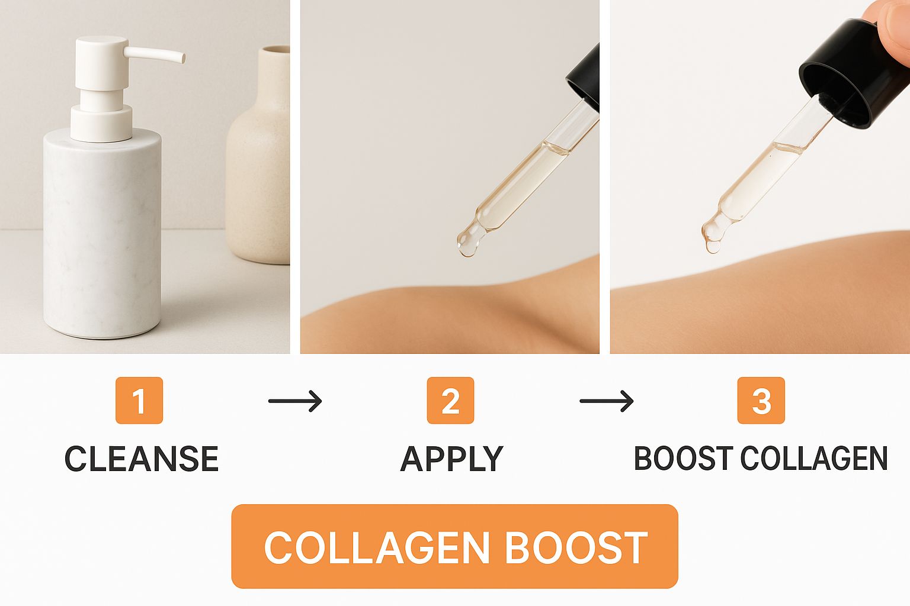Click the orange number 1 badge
(x=139, y=400)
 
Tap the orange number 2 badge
(x=450, y=400)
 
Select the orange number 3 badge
(x=761, y=400)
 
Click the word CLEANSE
(x=142, y=459)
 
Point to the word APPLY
(x=452, y=459)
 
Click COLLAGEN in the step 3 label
(x=814, y=459)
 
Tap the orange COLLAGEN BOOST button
(x=454, y=546)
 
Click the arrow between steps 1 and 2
(x=296, y=401)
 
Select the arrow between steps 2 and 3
(x=607, y=401)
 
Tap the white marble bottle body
(x=102, y=236)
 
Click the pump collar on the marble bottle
(x=101, y=123)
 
